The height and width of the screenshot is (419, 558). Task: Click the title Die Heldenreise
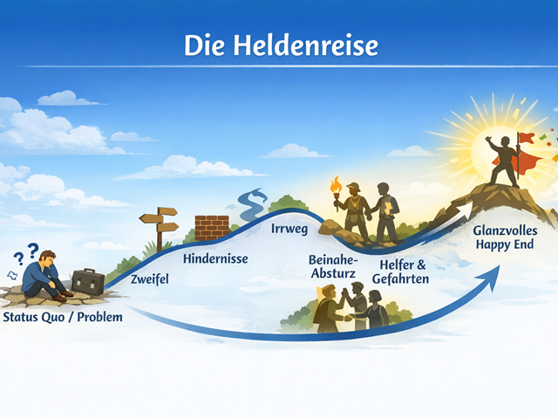[281, 45]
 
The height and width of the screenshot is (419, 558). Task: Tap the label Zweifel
[149, 279]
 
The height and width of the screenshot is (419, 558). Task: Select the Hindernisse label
[215, 258]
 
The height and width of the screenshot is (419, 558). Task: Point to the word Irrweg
[289, 229]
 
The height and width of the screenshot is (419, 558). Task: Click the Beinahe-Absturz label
[333, 266]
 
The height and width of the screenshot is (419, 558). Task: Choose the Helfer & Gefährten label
[401, 271]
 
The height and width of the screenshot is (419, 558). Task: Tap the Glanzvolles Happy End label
[505, 237]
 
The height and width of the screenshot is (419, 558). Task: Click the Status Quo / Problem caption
[63, 317]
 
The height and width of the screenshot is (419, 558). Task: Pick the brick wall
[212, 228]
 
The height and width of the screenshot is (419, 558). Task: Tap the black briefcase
[88, 282]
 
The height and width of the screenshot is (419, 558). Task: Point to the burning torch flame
[336, 185]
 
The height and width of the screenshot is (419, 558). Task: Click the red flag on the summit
[527, 138]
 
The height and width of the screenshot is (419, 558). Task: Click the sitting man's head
[48, 258]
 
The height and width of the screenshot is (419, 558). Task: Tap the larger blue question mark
[33, 251]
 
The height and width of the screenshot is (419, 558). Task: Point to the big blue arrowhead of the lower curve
[490, 278]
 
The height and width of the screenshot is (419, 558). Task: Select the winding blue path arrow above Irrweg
[252, 203]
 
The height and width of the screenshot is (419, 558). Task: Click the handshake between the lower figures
[348, 317]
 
